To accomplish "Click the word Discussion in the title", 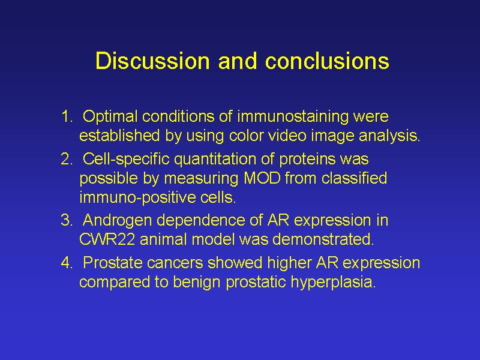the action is click(152, 61).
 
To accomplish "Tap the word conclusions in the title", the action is click(327, 61).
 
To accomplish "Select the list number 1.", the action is click(67, 116).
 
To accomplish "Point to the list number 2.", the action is click(67, 159).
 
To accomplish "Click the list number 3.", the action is click(67, 220).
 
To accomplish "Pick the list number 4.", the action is click(67, 263).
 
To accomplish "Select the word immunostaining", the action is click(293, 117).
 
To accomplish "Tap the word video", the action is click(287, 136).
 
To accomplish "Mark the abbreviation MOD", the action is click(262, 178).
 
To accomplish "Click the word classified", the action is click(354, 178).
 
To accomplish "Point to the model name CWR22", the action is click(107, 239).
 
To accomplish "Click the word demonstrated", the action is click(323, 239).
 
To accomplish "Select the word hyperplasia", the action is click(333, 283).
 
